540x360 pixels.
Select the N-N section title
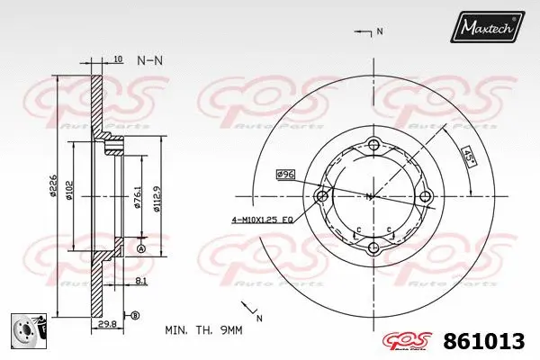pos(149,60)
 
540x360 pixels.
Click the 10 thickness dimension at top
pos(119,60)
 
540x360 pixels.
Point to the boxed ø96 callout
pos(286,174)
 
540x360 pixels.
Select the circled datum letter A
pos(141,247)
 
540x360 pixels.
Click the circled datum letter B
pos(135,315)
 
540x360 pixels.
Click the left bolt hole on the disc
pos(321,196)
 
